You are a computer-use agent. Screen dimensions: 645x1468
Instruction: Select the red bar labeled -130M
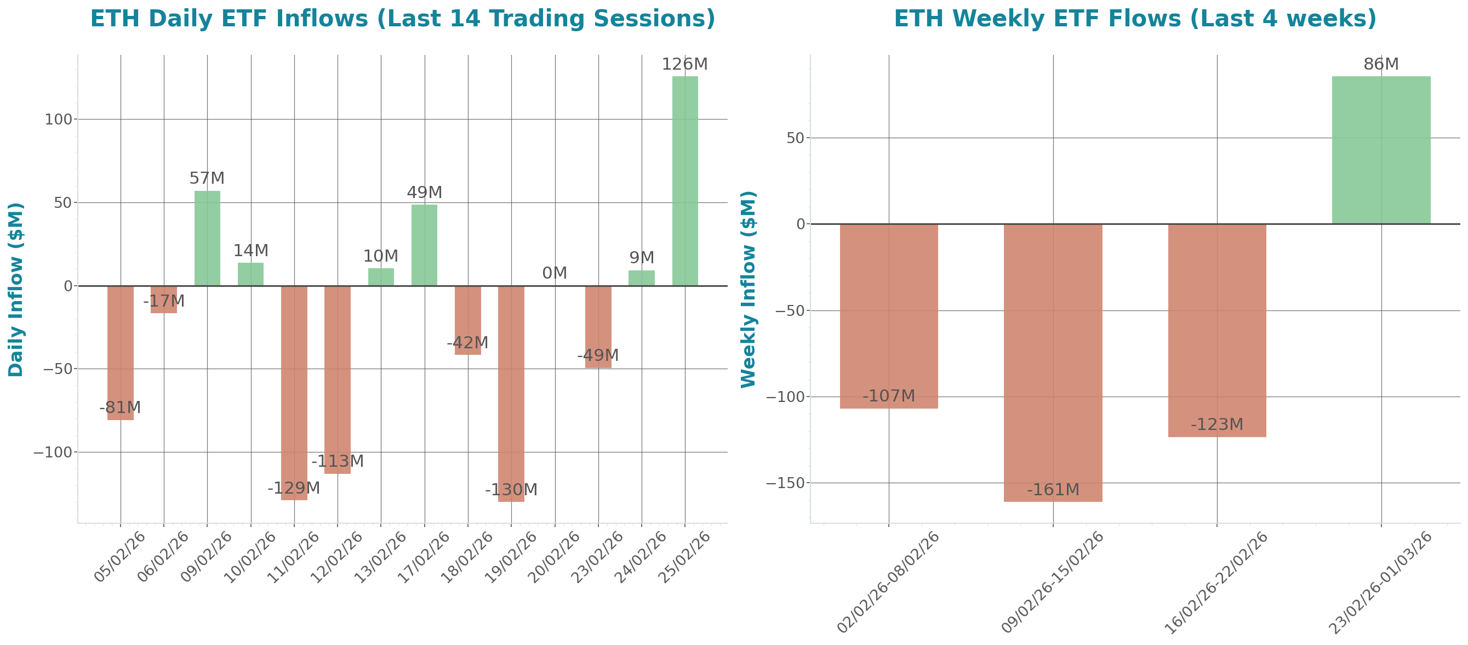[511, 393]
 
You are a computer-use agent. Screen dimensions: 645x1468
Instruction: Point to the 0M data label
[554, 273]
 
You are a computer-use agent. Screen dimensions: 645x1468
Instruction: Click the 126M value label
[684, 64]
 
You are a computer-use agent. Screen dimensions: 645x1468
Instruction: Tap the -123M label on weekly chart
[1216, 425]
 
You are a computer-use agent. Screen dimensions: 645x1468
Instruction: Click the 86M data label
[1381, 64]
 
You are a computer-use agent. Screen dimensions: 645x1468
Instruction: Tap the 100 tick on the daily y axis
[59, 120]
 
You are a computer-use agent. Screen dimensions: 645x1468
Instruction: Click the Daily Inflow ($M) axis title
[16, 289]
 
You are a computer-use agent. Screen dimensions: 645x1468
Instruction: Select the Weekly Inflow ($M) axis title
[747, 289]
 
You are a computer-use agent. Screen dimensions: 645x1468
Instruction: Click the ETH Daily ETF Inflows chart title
[402, 19]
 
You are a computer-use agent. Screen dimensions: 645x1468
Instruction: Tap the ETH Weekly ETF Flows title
[1135, 19]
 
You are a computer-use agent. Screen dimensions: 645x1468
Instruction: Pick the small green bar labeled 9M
[641, 278]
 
